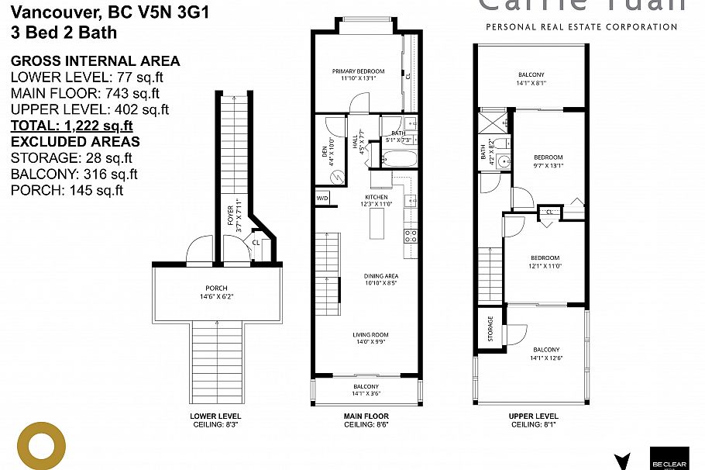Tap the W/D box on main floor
pyautogui.click(x=322, y=199)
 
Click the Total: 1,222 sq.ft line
pyautogui.click(x=71, y=126)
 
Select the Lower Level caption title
pyautogui.click(x=215, y=416)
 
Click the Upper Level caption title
pyautogui.click(x=533, y=416)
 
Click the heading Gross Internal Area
pyautogui.click(x=95, y=60)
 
